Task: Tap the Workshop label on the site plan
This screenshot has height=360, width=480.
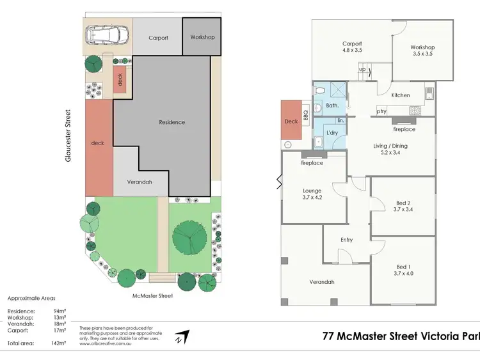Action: pyautogui.click(x=202, y=37)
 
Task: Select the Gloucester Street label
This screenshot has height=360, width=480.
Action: pyautogui.click(x=68, y=135)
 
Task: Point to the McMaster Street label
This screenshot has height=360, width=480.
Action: pyautogui.click(x=154, y=295)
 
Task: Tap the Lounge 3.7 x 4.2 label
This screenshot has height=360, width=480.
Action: pyautogui.click(x=312, y=194)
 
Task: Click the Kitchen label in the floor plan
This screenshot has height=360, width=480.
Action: pyautogui.click(x=401, y=95)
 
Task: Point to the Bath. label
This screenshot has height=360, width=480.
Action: pyautogui.click(x=332, y=105)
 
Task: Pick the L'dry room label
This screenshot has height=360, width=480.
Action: pyautogui.click(x=332, y=132)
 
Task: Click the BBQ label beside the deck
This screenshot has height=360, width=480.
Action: pyautogui.click(x=305, y=115)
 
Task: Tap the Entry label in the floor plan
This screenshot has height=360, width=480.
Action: pyautogui.click(x=346, y=240)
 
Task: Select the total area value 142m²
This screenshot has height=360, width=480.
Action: pyautogui.click(x=58, y=343)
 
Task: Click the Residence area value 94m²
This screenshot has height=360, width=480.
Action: pyautogui.click(x=58, y=311)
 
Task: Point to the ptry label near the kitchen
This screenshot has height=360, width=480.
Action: pyautogui.click(x=381, y=111)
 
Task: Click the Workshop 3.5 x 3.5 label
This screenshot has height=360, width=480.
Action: pyautogui.click(x=422, y=51)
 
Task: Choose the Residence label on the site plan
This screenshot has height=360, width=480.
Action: pyautogui.click(x=172, y=122)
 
